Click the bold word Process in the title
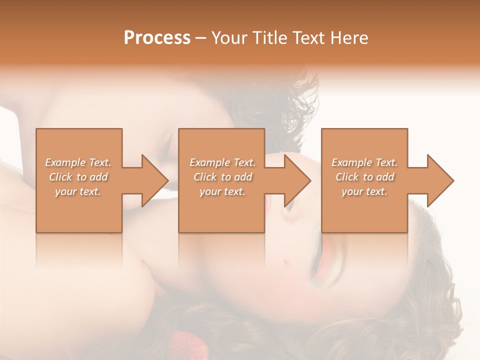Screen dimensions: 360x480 (x=157, y=38)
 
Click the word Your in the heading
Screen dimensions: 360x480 (x=228, y=38)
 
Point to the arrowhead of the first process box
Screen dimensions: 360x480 (x=154, y=180)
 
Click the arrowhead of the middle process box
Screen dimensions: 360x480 (x=297, y=180)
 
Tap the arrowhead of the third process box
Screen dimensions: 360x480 (x=440, y=180)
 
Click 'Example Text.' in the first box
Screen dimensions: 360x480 (x=78, y=162)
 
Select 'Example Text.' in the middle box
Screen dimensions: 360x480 (x=222, y=162)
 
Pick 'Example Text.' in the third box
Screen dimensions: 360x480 (x=364, y=162)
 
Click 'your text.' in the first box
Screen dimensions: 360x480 (x=78, y=191)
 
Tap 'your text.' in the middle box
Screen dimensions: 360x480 (x=222, y=191)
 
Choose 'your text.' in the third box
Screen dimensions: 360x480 (x=364, y=191)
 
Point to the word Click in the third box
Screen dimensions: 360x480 (x=347, y=177)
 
